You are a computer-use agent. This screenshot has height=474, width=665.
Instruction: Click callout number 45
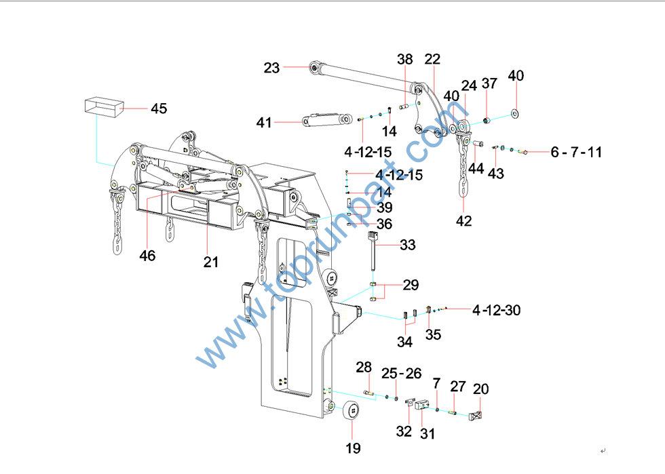[158, 108]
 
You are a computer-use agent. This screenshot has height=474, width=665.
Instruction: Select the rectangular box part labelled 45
[101, 107]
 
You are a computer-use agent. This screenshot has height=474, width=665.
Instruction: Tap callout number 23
[271, 68]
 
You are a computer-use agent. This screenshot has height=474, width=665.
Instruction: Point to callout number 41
[264, 123]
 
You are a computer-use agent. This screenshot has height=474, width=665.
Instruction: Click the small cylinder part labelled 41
[322, 119]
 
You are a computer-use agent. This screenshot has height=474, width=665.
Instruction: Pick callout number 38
[405, 60]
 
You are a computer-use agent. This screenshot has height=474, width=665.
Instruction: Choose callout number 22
[432, 59]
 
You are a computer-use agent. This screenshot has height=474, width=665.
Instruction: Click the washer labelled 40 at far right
[515, 112]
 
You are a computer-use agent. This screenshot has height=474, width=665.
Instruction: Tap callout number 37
[489, 83]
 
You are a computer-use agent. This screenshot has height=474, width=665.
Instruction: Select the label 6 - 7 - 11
[576, 153]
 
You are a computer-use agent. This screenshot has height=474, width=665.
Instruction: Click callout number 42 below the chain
[463, 220]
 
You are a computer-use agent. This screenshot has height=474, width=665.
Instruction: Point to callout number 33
[407, 245]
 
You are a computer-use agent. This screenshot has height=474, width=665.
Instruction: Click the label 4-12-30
[497, 310]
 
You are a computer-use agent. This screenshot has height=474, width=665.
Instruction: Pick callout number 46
[147, 256]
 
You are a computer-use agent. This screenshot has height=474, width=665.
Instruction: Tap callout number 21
[211, 261]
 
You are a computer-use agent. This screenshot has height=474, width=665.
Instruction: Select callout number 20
[481, 389]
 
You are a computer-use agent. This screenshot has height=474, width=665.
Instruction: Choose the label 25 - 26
[401, 373]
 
